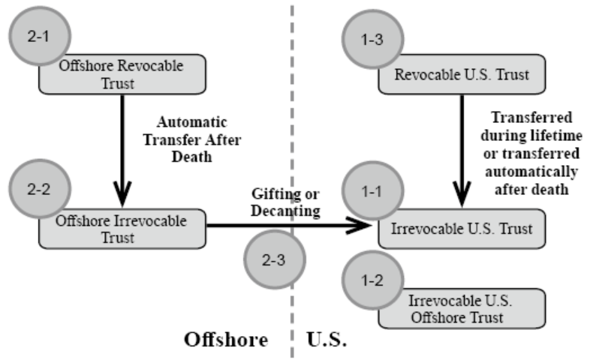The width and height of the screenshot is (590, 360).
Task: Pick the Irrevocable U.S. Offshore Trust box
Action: [461, 308]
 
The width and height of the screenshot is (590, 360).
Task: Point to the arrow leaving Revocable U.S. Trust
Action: [462, 151]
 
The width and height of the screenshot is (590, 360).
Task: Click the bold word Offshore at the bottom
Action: [226, 339]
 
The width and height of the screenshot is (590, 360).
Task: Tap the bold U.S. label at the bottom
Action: [327, 339]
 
